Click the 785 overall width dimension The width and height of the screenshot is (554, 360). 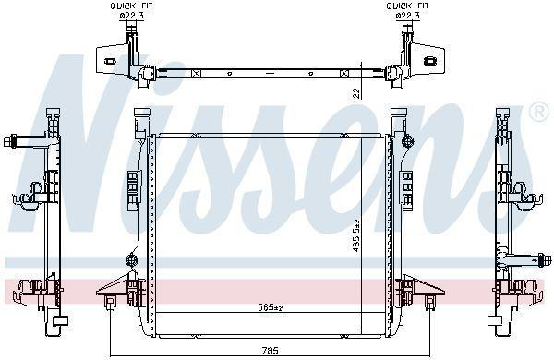[x=271, y=351]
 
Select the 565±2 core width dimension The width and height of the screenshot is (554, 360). [x=271, y=307]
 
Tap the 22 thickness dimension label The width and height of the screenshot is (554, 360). [x=356, y=92]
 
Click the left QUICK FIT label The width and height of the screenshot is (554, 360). [x=131, y=6]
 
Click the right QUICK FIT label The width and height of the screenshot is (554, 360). [x=407, y=6]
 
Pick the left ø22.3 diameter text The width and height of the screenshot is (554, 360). [x=131, y=15]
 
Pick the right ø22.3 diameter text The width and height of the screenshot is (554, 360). [x=407, y=15]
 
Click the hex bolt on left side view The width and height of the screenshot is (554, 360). [x=8, y=141]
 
